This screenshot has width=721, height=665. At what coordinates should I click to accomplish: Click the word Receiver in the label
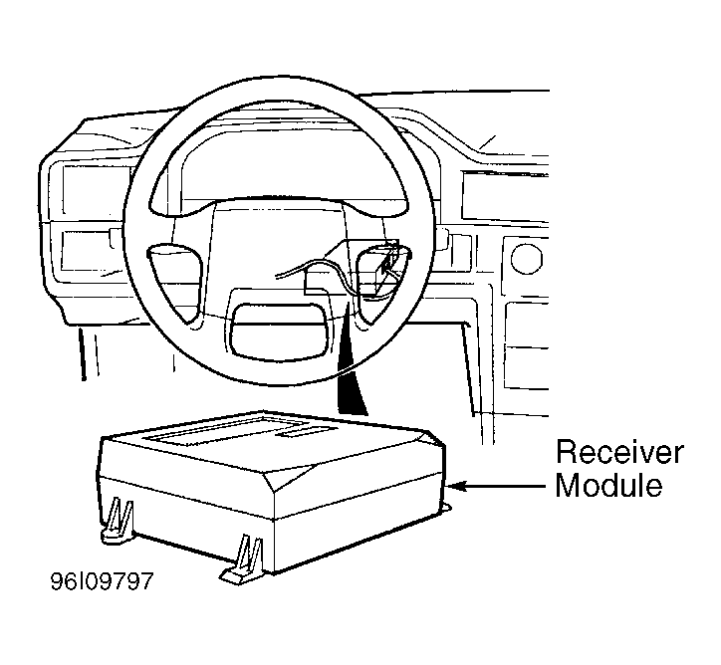point(619,452)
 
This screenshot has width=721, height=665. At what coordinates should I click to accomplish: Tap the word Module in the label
point(608,485)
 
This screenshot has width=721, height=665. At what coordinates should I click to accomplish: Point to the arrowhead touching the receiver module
point(457,486)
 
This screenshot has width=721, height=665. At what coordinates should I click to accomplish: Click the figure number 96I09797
point(102,581)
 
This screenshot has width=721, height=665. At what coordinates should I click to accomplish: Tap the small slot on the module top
point(306,431)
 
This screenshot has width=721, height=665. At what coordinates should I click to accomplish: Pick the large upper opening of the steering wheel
point(279,157)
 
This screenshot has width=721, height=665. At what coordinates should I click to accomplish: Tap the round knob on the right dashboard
point(526,258)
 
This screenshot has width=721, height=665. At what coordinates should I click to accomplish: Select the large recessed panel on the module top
point(228,431)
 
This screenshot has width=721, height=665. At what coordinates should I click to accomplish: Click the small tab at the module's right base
point(446,507)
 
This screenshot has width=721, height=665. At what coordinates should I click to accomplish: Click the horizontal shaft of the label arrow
point(506,486)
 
